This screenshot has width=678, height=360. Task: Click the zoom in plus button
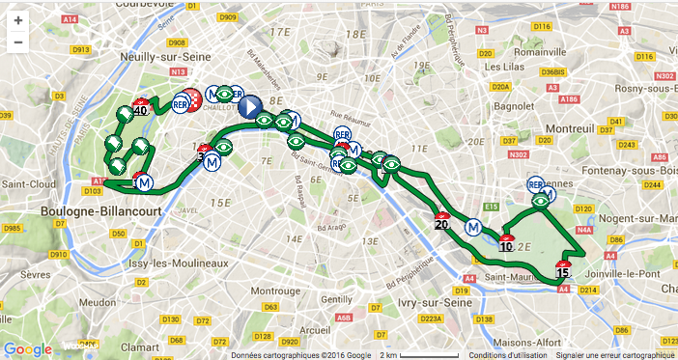click(17, 19)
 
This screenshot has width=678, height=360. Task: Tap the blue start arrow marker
click(249, 106)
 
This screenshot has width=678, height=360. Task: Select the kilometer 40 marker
click(141, 108)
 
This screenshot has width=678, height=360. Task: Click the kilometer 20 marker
click(442, 223)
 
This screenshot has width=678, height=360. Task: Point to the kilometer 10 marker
click(506, 244)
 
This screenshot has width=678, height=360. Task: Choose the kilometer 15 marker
click(562, 269)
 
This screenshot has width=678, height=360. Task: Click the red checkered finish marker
click(192, 99)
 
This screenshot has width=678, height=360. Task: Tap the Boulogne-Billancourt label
click(89, 209)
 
